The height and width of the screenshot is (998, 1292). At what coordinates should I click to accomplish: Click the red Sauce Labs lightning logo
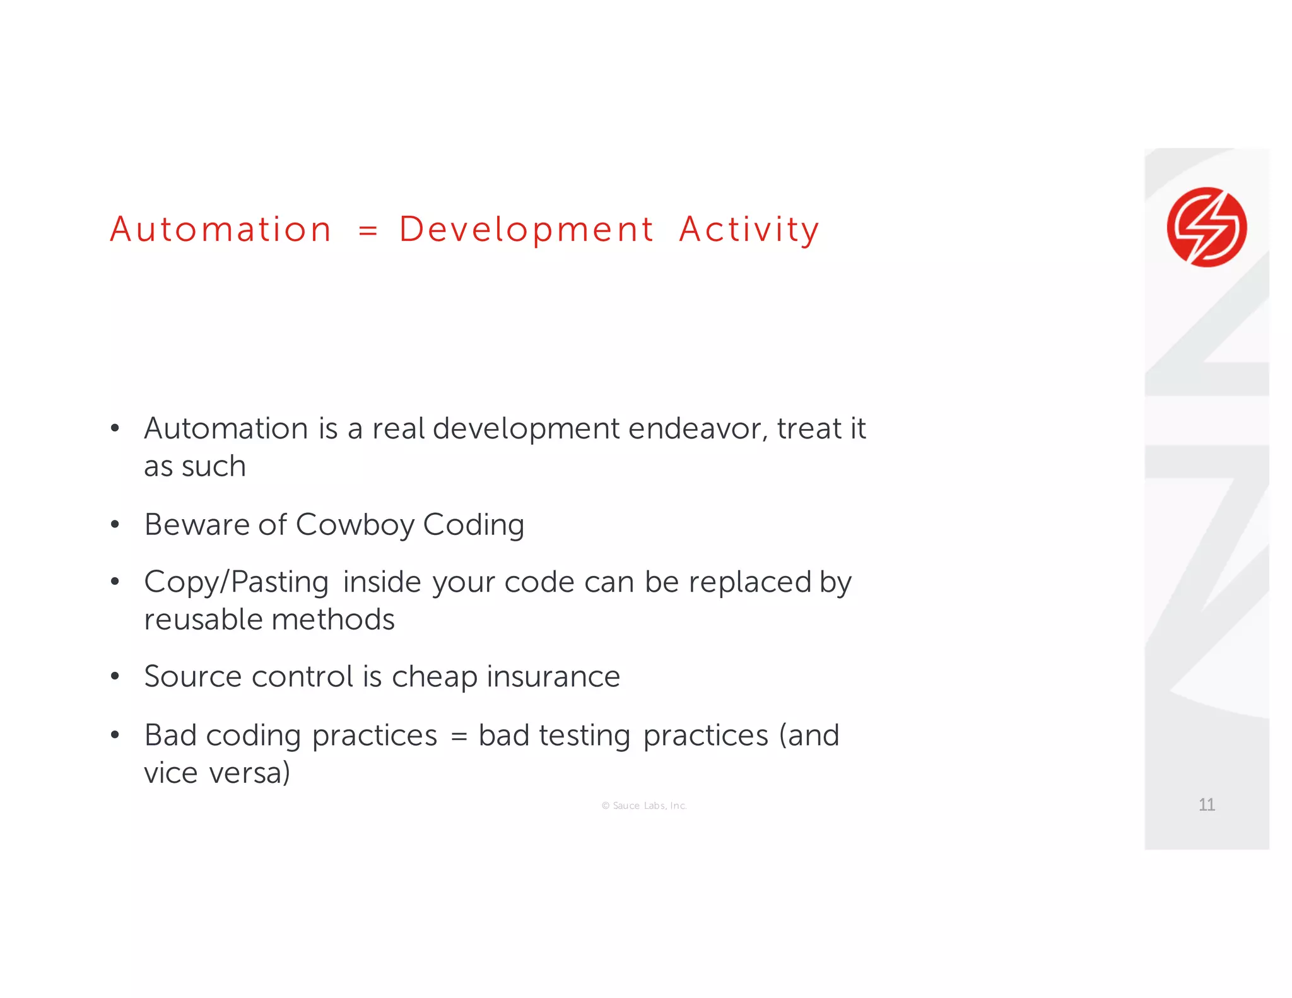(x=1206, y=227)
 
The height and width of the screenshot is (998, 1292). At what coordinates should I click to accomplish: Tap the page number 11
(x=1206, y=804)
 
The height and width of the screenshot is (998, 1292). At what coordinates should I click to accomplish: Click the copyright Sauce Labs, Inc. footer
(x=644, y=806)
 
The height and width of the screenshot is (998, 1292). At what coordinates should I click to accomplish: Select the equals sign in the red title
(x=368, y=230)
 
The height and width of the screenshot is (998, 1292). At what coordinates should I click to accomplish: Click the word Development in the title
(x=526, y=230)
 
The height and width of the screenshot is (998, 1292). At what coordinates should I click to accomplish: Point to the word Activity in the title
(x=749, y=230)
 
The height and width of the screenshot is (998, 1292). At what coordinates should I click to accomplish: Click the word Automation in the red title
(x=221, y=229)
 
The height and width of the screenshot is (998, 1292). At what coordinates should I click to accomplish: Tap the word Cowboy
(x=355, y=525)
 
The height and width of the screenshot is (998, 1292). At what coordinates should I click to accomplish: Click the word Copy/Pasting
(x=236, y=582)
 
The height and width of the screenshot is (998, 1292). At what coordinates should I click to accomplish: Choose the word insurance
(x=553, y=677)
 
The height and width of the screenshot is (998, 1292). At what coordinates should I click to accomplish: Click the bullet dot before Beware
(x=115, y=525)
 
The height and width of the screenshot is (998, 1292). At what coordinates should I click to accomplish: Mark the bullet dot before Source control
(x=115, y=677)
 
